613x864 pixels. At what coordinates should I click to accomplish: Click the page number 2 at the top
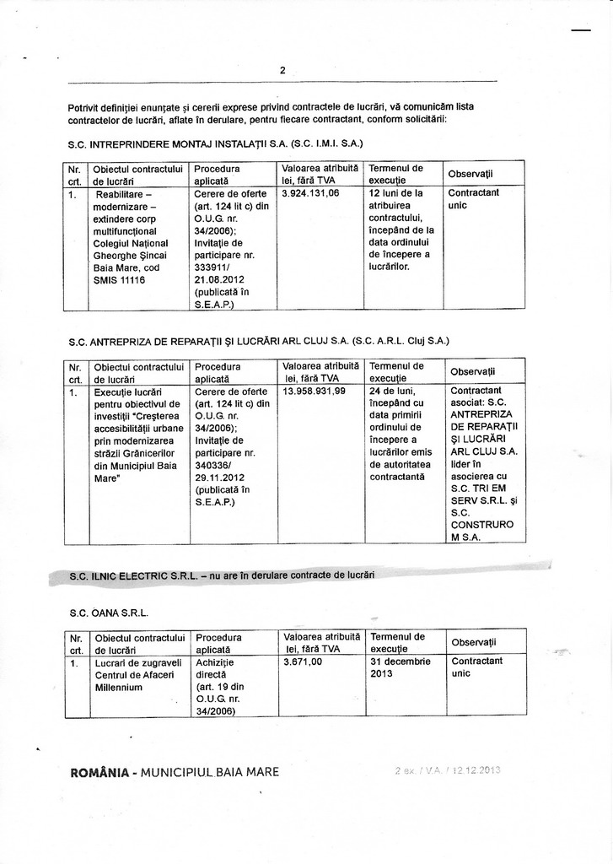point(282,71)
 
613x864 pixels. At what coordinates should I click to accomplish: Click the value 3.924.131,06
point(310,193)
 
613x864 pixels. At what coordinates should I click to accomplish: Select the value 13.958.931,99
point(315,391)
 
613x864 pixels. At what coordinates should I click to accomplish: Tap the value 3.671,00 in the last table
point(304,662)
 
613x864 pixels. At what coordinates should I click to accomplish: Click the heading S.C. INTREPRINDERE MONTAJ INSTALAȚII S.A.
point(215,143)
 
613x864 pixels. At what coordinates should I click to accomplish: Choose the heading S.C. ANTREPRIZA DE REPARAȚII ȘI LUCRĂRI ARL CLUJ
point(258,341)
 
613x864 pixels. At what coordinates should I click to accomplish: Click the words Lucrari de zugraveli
point(133,662)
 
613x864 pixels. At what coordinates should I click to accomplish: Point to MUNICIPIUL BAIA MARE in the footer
point(211,772)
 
